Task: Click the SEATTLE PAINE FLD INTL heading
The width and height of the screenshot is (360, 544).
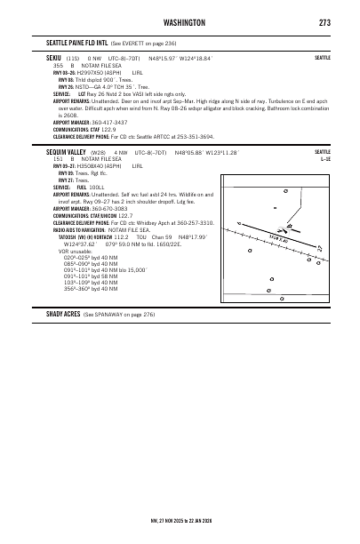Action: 83,43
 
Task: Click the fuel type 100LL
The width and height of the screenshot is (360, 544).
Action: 99,188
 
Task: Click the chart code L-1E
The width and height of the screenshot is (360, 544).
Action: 324,158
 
